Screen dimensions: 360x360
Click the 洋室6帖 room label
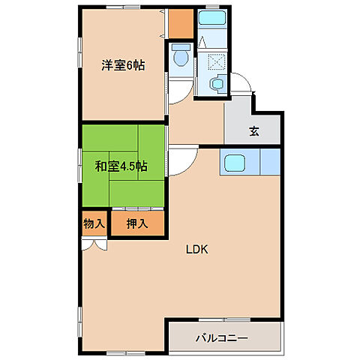123,65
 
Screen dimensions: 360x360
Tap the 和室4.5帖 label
120,166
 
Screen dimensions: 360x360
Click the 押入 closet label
136,223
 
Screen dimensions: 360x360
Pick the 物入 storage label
93,223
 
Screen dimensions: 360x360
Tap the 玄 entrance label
254,131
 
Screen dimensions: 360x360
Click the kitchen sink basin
233,163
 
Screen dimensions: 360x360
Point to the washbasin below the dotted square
217,85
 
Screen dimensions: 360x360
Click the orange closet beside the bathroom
179,24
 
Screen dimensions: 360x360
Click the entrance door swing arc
241,84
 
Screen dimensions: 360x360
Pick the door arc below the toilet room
174,91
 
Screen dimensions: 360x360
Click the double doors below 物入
94,242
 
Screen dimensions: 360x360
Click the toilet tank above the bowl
180,47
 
